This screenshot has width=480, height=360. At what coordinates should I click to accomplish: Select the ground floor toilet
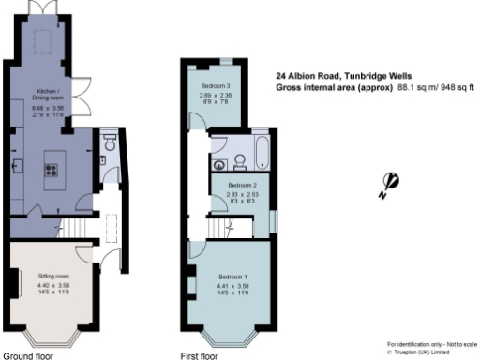pyautogui.click(x=110, y=145)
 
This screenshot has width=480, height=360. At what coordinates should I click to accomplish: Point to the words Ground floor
pyautogui.click(x=28, y=355)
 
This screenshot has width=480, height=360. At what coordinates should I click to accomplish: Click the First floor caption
pyautogui.click(x=199, y=355)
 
